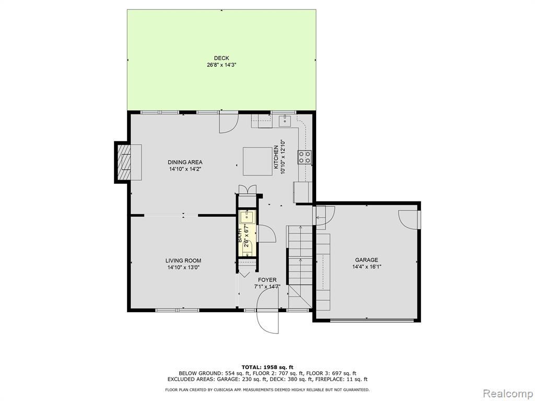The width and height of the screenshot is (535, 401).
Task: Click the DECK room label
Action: pos(222,58)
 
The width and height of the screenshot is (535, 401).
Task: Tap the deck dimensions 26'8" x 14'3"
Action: pos(222,65)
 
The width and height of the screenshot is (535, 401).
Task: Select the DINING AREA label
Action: pos(185,162)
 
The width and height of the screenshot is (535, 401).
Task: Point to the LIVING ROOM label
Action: pos(183,261)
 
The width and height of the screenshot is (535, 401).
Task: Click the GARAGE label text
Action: pos(366,260)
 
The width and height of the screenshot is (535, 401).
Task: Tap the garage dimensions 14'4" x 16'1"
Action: pos(366,267)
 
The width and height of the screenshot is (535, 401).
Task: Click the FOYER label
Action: pos(267,280)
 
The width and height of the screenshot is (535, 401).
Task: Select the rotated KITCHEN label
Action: pos(276,157)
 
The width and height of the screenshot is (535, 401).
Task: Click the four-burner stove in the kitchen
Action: pos(305,157)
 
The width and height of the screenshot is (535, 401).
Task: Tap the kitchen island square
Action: pos(258,161)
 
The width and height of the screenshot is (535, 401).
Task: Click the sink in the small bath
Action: pos(247,217)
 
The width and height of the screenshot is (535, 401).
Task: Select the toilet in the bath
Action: pos(247,247)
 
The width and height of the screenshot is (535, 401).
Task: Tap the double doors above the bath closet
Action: pos(247,189)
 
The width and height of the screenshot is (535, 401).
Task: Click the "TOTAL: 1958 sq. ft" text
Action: pos(267,367)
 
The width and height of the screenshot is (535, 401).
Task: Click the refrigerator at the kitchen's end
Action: pos(303,192)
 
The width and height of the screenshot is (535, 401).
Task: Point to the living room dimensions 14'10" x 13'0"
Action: pos(183,268)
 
